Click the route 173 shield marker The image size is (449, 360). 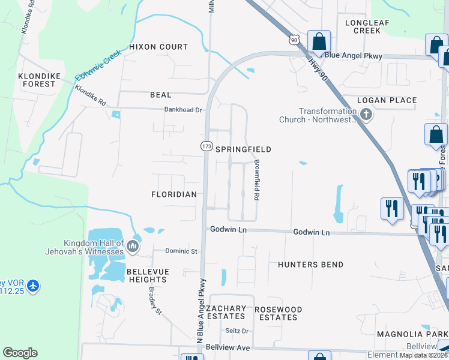pos(207,146)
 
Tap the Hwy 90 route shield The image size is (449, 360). pos(294,40)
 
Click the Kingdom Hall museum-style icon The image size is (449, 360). pos(133,246)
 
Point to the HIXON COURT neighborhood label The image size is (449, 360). pos(158,47)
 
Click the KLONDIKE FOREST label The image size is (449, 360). pos(37,80)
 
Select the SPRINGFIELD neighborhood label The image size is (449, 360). pos(244,149)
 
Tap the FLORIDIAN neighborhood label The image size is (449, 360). pos(174,194)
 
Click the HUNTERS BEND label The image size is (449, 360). pos(311,265)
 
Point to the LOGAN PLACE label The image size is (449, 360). pos(387,100)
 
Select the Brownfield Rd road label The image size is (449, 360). pos(256,180)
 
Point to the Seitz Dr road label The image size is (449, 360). pos(237,331)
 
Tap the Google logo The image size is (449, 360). pos(20,353)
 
